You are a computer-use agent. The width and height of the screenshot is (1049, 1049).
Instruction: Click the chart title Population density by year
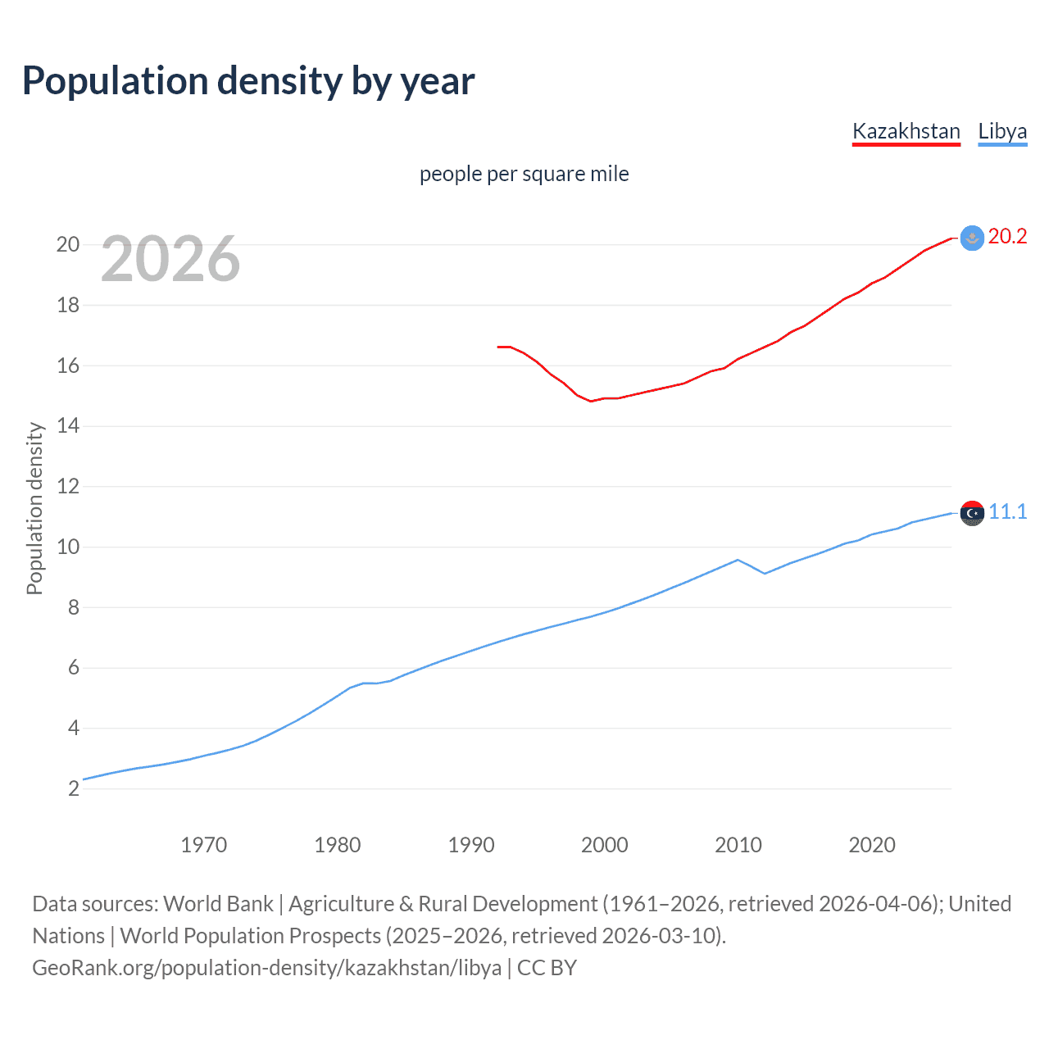pyautogui.click(x=248, y=81)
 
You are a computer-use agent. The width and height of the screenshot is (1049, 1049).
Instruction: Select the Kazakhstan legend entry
pyautogui.click(x=906, y=131)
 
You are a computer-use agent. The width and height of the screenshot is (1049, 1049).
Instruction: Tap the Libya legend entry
pyautogui.click(x=1002, y=131)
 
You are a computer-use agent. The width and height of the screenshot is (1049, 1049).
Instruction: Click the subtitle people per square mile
pyautogui.click(x=524, y=174)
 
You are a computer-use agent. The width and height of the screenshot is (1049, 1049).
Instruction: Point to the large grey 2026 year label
pyautogui.click(x=170, y=259)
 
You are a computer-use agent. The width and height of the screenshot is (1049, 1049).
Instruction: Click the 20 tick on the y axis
pyautogui.click(x=67, y=244)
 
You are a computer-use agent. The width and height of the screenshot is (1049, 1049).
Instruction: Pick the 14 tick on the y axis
pyautogui.click(x=67, y=425)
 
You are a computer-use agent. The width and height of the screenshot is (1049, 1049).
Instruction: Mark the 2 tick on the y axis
pyautogui.click(x=74, y=788)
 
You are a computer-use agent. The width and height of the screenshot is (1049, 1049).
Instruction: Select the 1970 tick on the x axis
pyautogui.click(x=203, y=845)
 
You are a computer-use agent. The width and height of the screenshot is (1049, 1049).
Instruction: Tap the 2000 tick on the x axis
pyautogui.click(x=604, y=845)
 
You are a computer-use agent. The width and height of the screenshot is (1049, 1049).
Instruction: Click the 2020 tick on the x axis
pyautogui.click(x=871, y=845)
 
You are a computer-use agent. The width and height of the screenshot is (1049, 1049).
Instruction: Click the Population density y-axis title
pyautogui.click(x=34, y=508)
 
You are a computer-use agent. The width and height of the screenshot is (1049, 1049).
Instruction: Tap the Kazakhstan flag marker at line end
pyautogui.click(x=972, y=238)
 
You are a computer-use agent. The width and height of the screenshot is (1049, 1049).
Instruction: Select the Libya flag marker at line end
pyautogui.click(x=972, y=513)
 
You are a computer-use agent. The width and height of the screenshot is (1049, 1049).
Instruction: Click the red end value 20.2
pyautogui.click(x=1007, y=237)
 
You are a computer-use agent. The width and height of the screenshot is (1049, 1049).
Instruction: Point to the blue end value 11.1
pyautogui.click(x=1007, y=512)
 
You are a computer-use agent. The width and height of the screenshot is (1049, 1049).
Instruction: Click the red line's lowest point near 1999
pyautogui.click(x=591, y=401)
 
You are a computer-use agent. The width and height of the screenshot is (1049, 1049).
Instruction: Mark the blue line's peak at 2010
pyautogui.click(x=738, y=560)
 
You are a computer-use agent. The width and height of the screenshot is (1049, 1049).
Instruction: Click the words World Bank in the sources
pyautogui.click(x=218, y=904)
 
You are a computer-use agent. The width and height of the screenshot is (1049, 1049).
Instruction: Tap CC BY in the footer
pyautogui.click(x=547, y=968)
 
